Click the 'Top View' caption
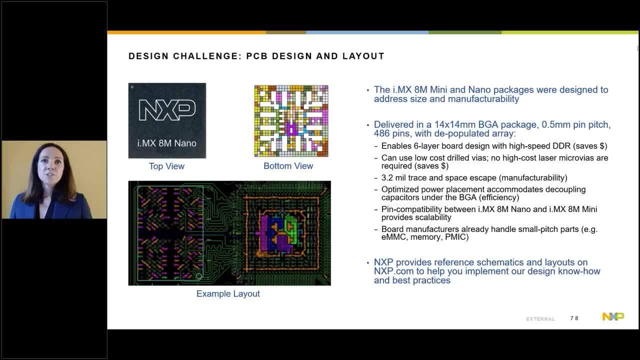(x=166, y=166)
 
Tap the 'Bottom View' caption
(x=288, y=165)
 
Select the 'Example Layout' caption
(x=228, y=293)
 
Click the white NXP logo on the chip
(x=167, y=110)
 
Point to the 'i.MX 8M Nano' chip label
(x=167, y=143)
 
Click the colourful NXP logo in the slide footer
(x=613, y=316)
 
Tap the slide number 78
(x=574, y=318)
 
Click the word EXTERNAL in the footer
(x=540, y=319)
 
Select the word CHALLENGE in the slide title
(x=205, y=56)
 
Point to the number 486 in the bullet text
(x=381, y=133)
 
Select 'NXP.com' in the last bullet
(x=390, y=271)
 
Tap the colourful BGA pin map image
(x=291, y=121)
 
